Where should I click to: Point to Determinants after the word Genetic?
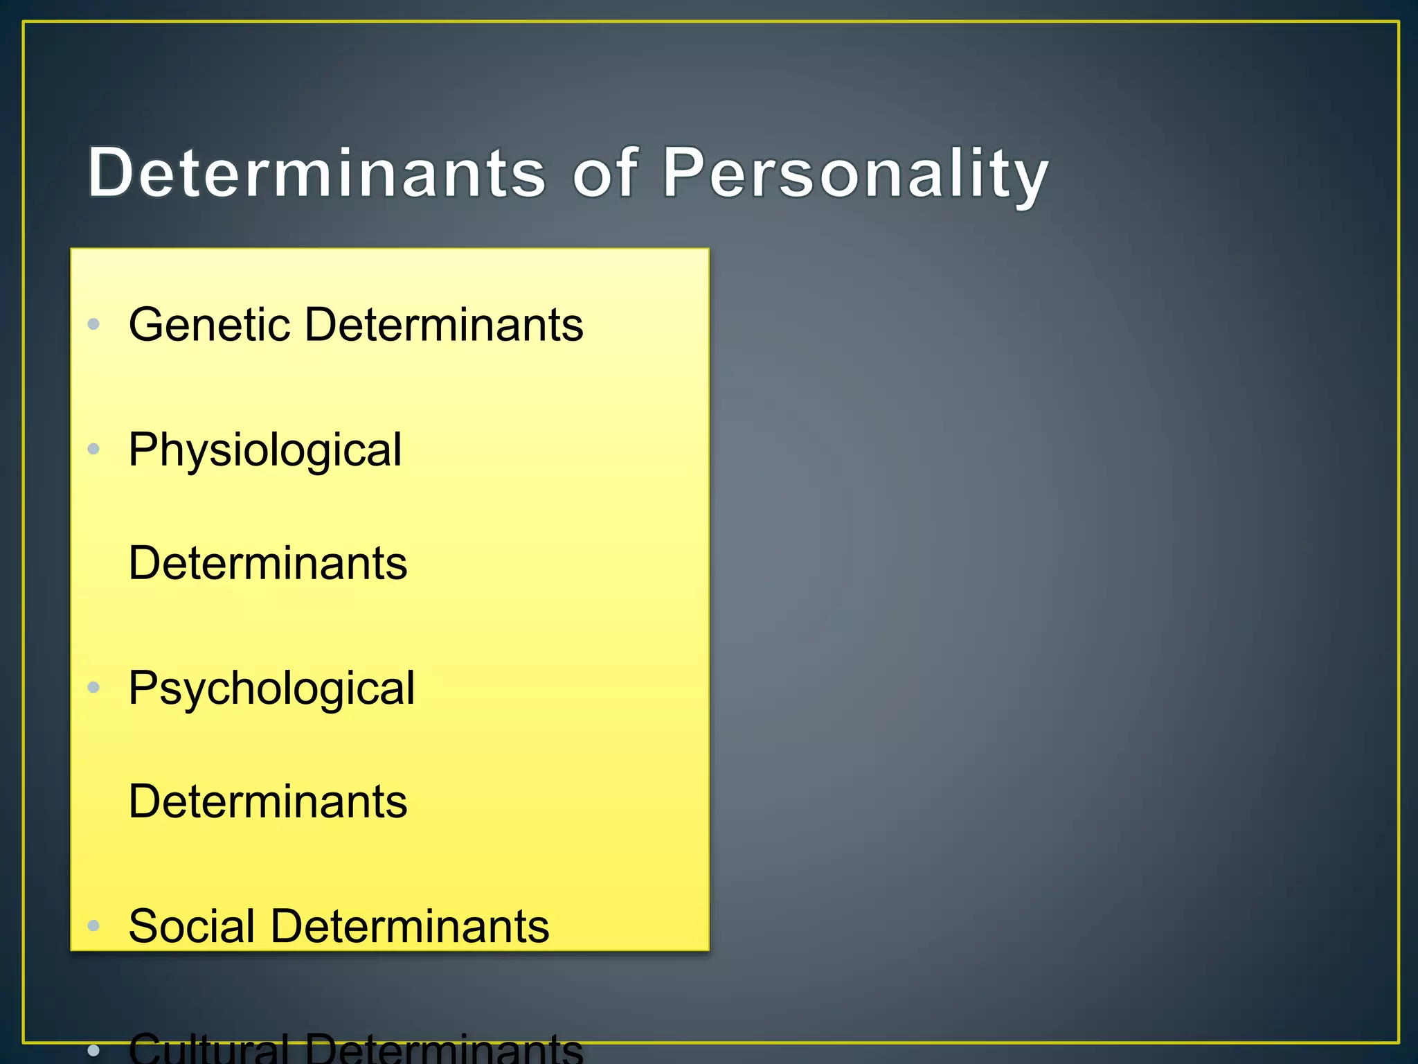[444, 324]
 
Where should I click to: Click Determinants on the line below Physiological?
[268, 562]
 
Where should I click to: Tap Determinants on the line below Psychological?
[268, 801]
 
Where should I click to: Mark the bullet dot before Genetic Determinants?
[94, 323]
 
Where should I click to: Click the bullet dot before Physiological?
[94, 449]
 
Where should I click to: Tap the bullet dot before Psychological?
[94, 687]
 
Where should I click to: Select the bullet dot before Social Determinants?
[94, 925]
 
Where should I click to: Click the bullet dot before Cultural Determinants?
[94, 1051]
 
